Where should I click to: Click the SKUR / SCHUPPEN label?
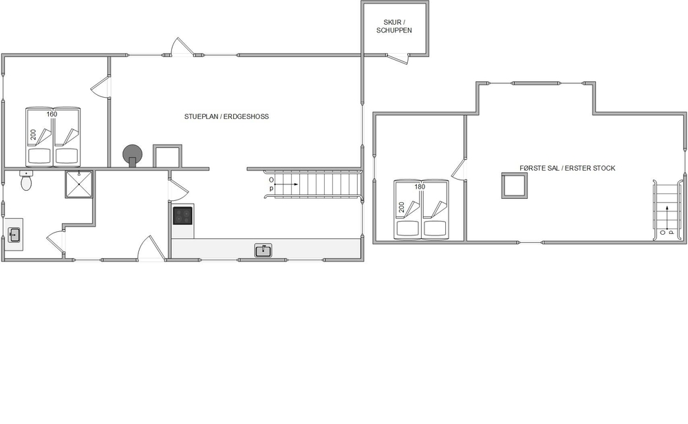[x=394, y=26]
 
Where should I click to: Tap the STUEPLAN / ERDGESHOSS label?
[x=226, y=116]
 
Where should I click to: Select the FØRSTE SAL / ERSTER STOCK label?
[x=568, y=168]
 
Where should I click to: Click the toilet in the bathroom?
[x=26, y=180]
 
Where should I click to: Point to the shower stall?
[x=79, y=184]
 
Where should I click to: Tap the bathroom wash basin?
[x=14, y=235]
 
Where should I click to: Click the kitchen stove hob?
[x=182, y=215]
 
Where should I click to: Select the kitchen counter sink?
[x=264, y=251]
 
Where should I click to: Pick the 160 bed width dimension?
[x=52, y=114]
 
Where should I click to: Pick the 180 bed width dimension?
[x=420, y=187]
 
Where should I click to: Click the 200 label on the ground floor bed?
[x=33, y=135]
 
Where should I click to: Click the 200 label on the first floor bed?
[x=402, y=207]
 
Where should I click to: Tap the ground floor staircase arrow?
[x=288, y=184]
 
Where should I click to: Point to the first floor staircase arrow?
[x=667, y=218]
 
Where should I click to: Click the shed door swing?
[x=398, y=60]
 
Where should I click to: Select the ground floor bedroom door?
[x=100, y=86]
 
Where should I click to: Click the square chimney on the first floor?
[x=515, y=186]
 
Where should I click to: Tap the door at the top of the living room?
[x=182, y=47]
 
